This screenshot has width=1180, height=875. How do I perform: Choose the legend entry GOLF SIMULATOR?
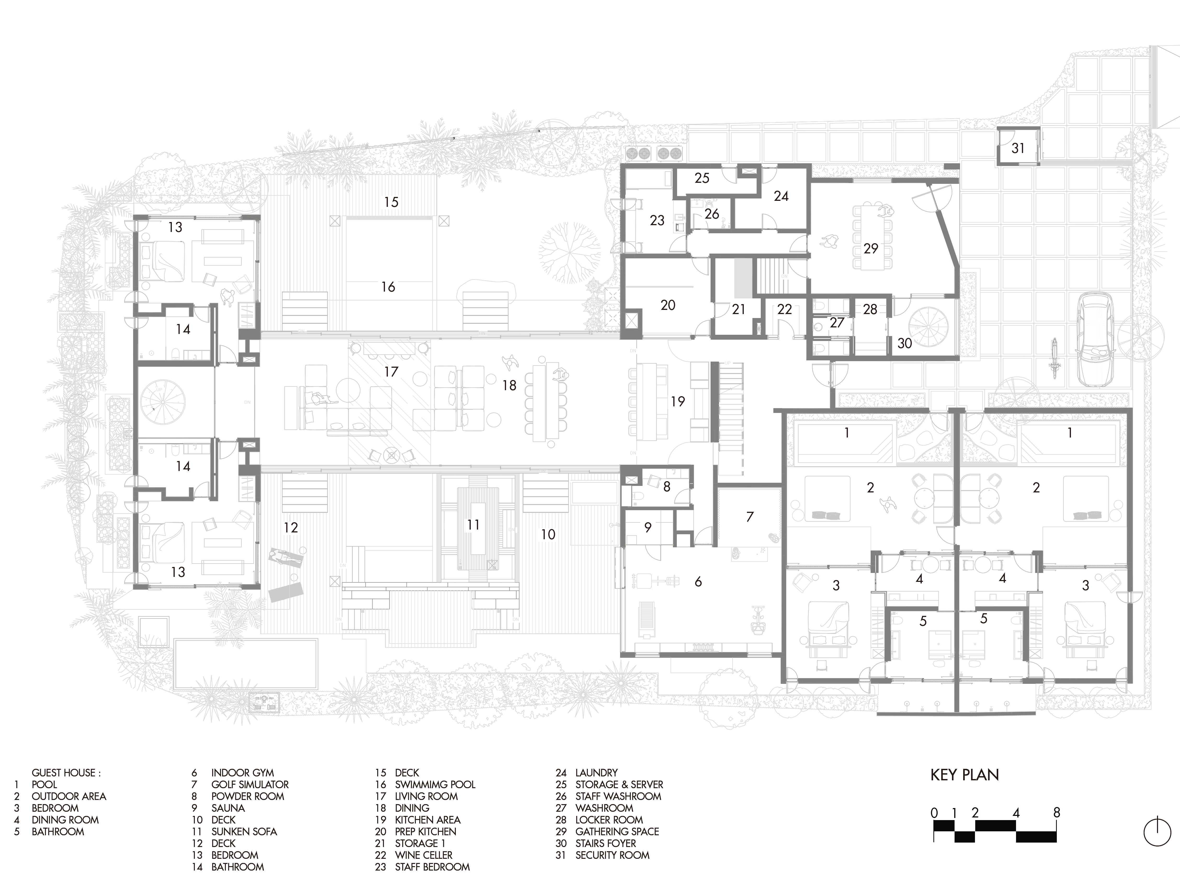click(x=250, y=785)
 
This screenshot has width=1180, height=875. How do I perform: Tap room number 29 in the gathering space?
click(x=871, y=248)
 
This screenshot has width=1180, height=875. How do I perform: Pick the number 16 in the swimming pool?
click(x=388, y=287)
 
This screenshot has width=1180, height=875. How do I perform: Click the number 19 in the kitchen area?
click(x=678, y=401)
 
